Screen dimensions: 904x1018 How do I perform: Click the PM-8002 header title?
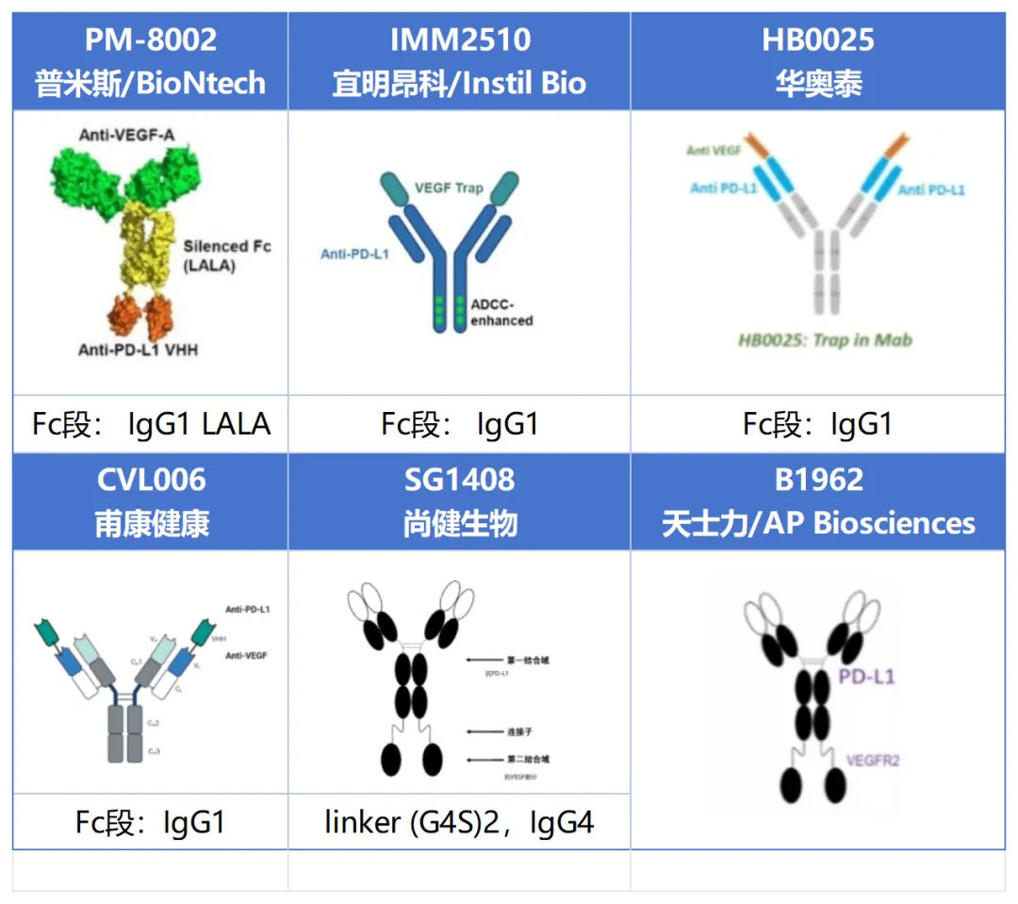150,40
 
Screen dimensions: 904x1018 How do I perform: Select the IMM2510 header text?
459,40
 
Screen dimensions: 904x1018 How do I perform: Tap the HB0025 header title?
817,40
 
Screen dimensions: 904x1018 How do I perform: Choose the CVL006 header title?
151,480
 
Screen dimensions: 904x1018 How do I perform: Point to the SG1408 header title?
459,480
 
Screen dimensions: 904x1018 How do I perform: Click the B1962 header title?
817,480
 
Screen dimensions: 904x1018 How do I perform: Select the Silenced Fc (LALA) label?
228,255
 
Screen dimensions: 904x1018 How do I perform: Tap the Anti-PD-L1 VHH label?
139,350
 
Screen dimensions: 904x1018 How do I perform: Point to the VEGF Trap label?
449,189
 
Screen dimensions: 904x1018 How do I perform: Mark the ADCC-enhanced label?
501,311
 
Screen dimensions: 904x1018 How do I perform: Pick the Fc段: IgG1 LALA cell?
151,424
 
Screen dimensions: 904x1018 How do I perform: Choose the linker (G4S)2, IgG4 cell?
459,822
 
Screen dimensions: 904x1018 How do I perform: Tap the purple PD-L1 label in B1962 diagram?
866,677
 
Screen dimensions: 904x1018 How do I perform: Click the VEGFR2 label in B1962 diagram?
873,760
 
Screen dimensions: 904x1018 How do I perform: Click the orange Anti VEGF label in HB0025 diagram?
713,151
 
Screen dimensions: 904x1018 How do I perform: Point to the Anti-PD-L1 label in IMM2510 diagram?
354,254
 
